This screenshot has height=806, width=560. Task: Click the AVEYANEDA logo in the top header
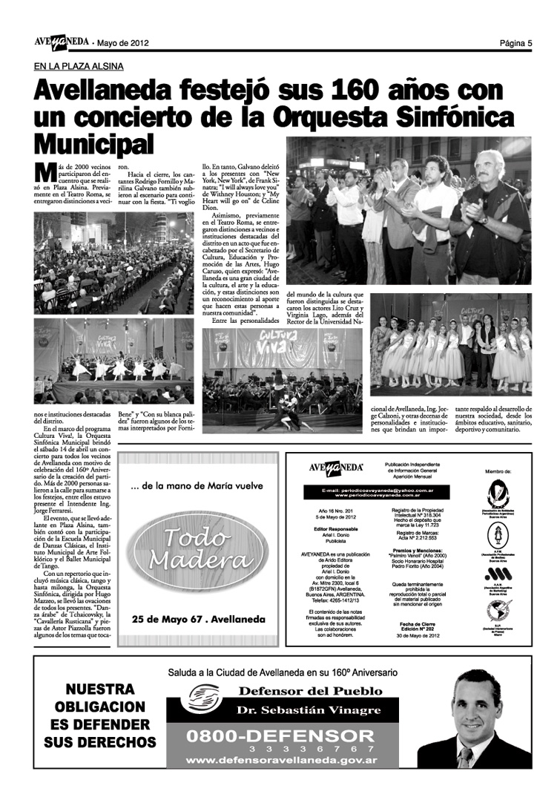tap(60, 42)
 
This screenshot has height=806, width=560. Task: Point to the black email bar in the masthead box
tap(372, 492)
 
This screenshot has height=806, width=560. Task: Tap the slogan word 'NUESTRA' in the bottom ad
tap(100, 689)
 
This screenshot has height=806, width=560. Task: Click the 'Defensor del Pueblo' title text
tap(310, 691)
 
